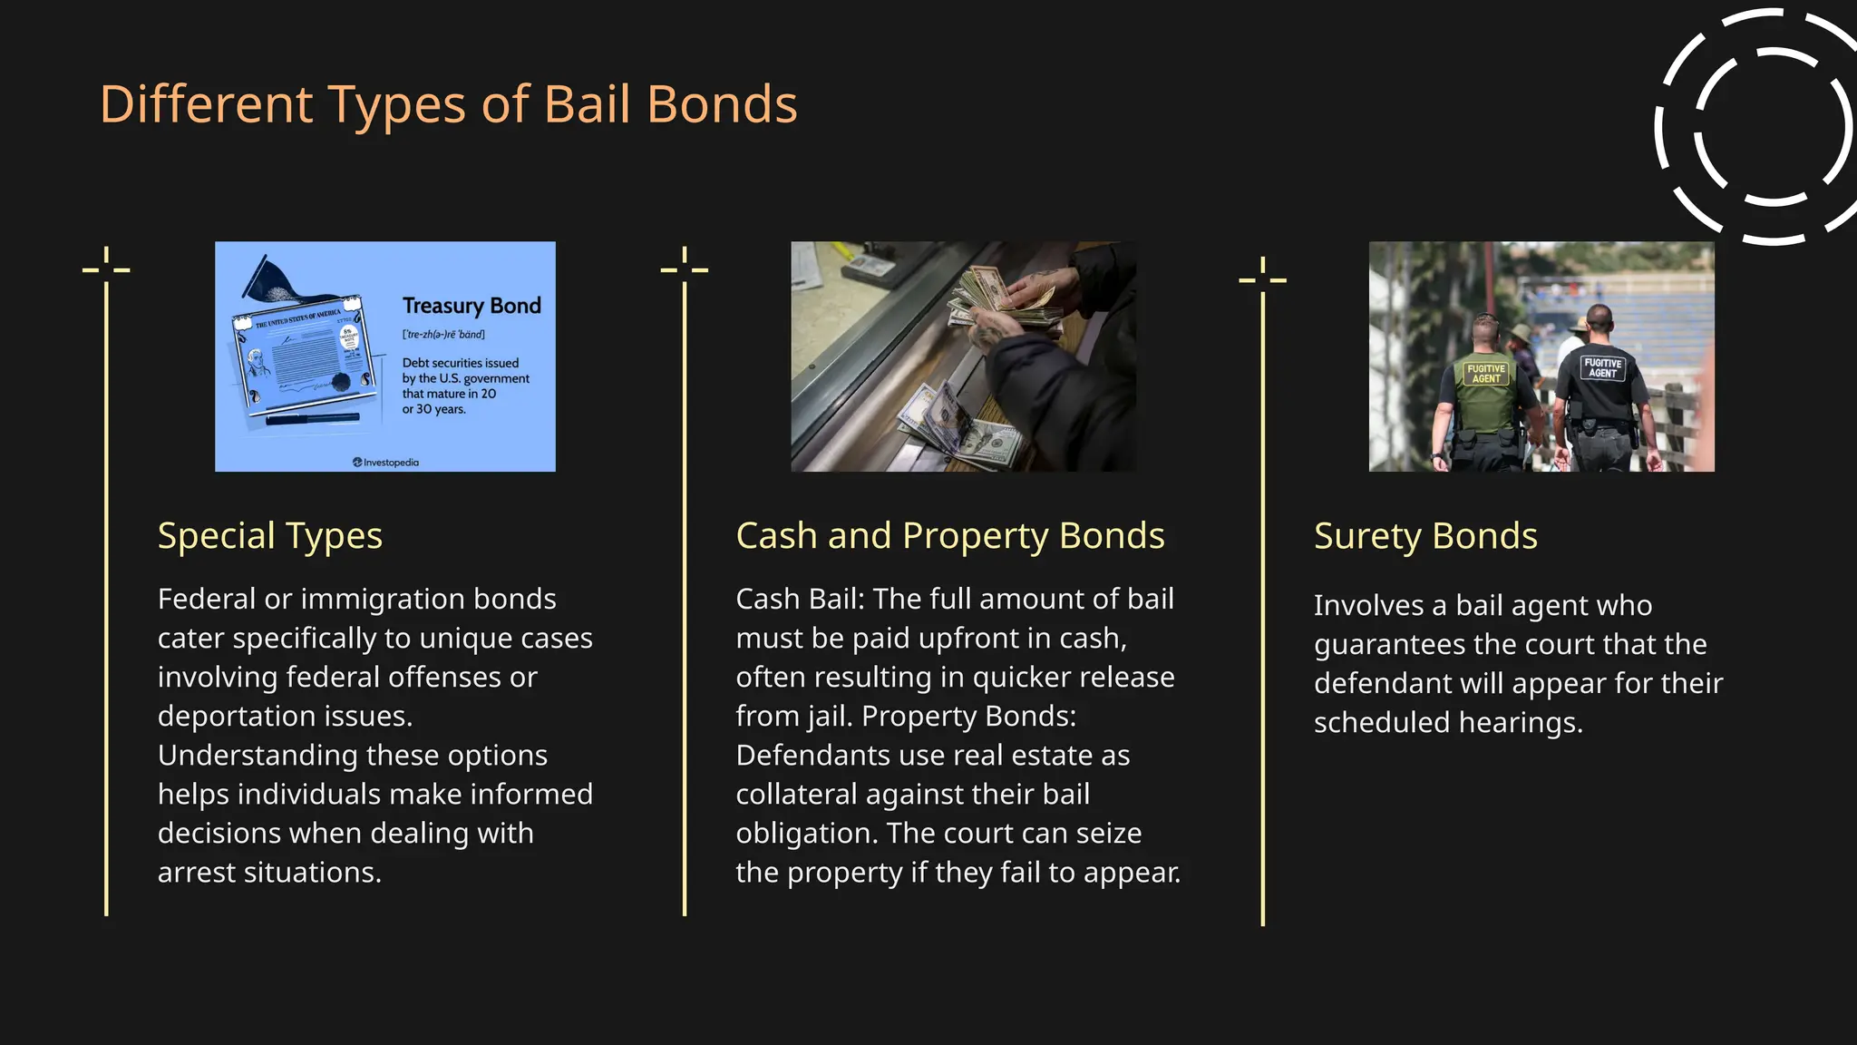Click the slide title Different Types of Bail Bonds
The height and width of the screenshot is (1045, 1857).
click(x=448, y=104)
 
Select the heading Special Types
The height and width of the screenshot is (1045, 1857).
click(x=269, y=536)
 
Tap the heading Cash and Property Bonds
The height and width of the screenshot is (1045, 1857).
click(x=949, y=536)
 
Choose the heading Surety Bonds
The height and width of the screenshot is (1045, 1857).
click(x=1425, y=536)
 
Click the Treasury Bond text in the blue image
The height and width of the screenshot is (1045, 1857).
click(x=472, y=306)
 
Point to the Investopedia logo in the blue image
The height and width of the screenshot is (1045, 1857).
click(x=386, y=463)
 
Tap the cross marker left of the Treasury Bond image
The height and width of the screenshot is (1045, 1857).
click(x=106, y=269)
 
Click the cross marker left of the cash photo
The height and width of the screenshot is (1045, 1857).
click(x=685, y=269)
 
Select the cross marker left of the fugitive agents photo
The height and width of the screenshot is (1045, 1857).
click(x=1262, y=278)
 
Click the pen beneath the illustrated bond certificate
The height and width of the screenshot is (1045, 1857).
click(x=313, y=419)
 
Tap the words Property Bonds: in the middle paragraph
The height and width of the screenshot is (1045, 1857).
click(x=968, y=717)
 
